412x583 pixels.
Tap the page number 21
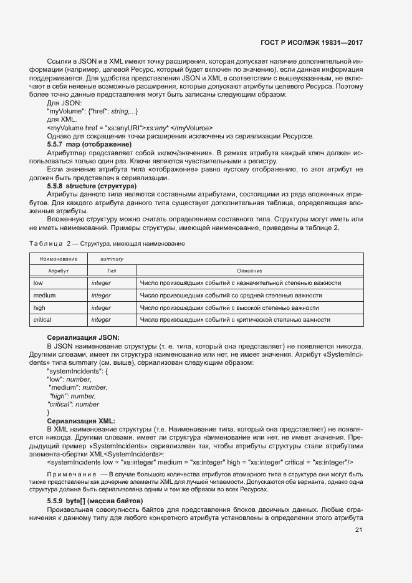[358, 530]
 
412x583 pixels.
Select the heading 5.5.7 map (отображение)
[85, 143]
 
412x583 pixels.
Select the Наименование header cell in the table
[58, 259]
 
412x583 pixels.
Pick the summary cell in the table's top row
[112, 259]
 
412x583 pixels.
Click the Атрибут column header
[58, 271]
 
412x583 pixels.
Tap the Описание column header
[249, 271]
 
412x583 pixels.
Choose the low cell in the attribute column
[38, 283]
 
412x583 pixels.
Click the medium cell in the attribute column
[44, 295]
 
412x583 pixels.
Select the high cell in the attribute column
[39, 307]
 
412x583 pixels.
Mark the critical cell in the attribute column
[42, 320]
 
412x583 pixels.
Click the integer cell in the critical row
[101, 320]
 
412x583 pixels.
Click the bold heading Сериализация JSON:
[79, 337]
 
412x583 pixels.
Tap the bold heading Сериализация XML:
[77, 421]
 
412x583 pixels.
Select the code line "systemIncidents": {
[78, 371]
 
